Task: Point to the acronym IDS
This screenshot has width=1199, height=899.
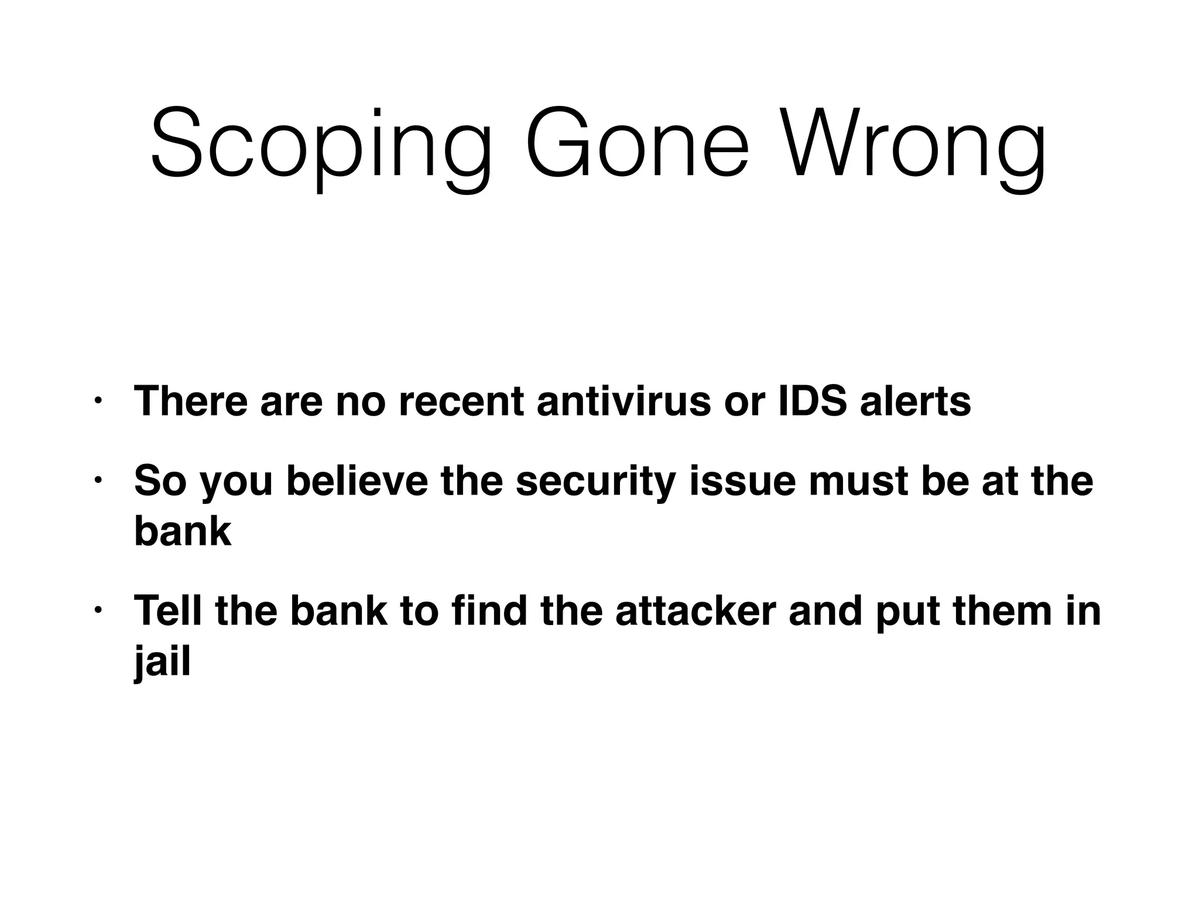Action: coord(812,401)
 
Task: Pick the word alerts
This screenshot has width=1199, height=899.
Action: coord(916,401)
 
